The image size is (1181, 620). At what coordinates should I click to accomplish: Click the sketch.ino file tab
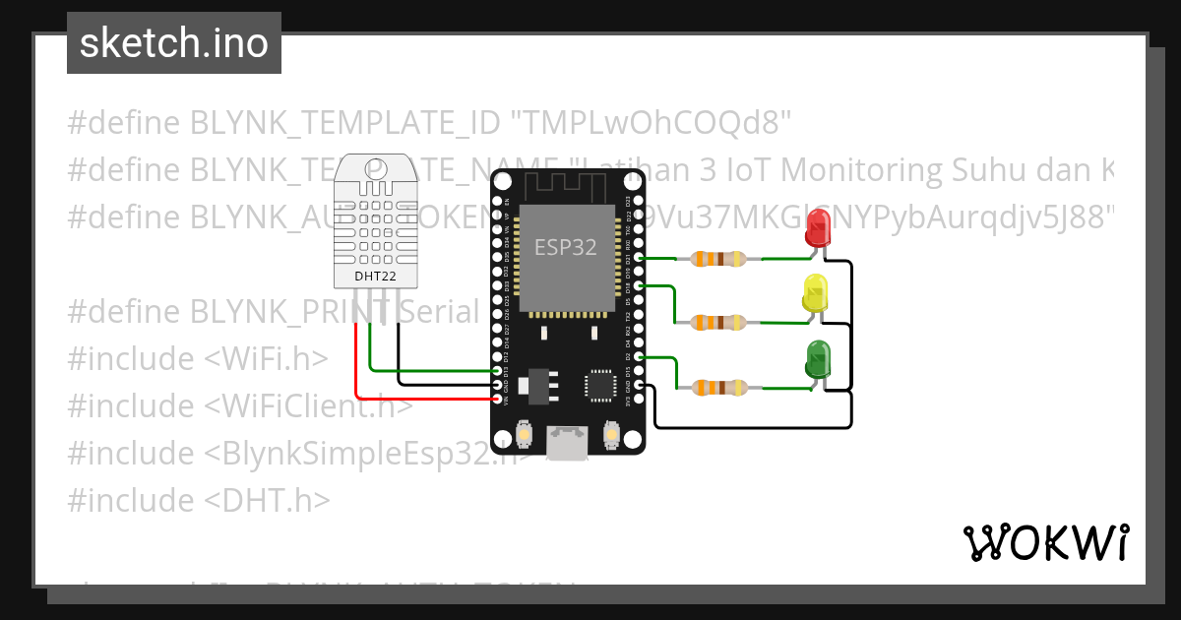coord(173,44)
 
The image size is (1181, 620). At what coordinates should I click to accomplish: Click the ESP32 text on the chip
coord(565,247)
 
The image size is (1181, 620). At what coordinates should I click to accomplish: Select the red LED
coord(817,230)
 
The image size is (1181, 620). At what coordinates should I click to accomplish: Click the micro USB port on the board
coord(568,442)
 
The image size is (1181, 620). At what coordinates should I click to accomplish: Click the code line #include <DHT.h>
coord(199,500)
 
